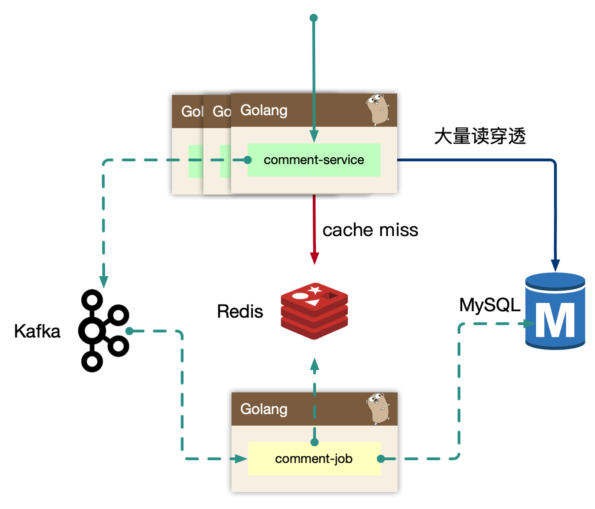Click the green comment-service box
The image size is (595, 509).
314,160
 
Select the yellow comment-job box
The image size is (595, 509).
314,459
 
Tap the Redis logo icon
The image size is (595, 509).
314,311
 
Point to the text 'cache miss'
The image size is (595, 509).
370,230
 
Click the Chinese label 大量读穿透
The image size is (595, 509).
480,136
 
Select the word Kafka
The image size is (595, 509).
37,331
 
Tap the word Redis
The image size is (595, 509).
240,311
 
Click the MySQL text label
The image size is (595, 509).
490,305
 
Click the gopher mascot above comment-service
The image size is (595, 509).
377,109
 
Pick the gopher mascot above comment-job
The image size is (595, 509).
378,408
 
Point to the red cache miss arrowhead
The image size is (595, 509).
314,258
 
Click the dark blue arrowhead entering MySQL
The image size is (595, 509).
555,265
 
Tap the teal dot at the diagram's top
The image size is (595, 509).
314,18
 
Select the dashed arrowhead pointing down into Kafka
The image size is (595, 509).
104,282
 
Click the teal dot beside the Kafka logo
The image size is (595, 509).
129,331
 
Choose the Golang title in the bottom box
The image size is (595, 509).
264,409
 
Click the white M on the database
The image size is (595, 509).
555,320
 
